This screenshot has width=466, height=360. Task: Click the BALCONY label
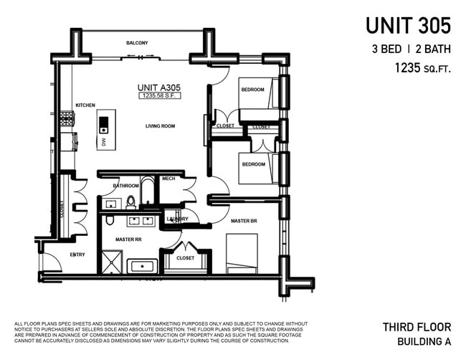(137, 43)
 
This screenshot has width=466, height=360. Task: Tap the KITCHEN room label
(85, 105)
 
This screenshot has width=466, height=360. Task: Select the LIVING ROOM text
(160, 126)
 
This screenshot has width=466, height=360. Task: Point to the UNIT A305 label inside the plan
(159, 87)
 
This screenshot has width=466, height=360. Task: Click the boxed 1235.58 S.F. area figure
(159, 95)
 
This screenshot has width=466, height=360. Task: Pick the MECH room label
(168, 179)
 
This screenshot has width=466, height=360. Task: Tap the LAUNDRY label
(177, 219)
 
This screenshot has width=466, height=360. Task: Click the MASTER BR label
(244, 221)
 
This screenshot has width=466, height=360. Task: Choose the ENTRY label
(77, 255)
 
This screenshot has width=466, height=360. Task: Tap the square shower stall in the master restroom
(111, 261)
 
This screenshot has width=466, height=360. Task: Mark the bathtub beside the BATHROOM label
(146, 192)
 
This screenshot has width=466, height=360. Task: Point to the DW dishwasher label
(103, 143)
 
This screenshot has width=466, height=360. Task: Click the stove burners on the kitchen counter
(66, 117)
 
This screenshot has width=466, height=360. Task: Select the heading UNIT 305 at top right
(408, 25)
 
